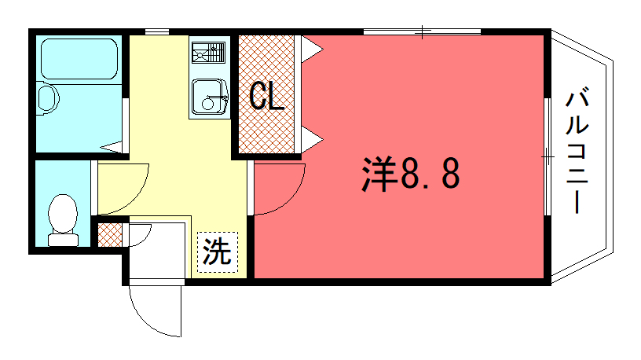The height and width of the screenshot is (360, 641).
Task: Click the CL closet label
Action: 267,96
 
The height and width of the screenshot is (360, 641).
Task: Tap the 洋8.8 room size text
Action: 411,174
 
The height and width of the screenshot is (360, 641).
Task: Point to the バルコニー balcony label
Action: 577,152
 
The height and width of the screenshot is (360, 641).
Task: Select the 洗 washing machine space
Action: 218,252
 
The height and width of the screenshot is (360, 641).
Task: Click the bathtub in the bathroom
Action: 79,59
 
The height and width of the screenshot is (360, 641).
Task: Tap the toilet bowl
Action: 63,220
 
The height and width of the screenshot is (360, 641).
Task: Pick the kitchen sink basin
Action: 209,97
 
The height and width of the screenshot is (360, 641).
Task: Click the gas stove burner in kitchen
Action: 208,53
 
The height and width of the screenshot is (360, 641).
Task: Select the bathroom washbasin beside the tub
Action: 47,97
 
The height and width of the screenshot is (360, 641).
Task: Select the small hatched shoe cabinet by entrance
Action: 110,235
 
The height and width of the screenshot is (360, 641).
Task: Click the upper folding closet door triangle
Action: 311,50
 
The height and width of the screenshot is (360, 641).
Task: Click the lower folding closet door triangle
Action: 311,139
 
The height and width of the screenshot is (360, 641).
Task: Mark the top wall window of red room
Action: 423,31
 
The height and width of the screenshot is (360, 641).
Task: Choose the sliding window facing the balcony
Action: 548,156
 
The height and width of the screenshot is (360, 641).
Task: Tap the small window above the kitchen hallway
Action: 157,31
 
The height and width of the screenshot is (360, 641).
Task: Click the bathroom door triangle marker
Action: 112,147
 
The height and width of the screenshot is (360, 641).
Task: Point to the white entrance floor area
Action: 157,252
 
